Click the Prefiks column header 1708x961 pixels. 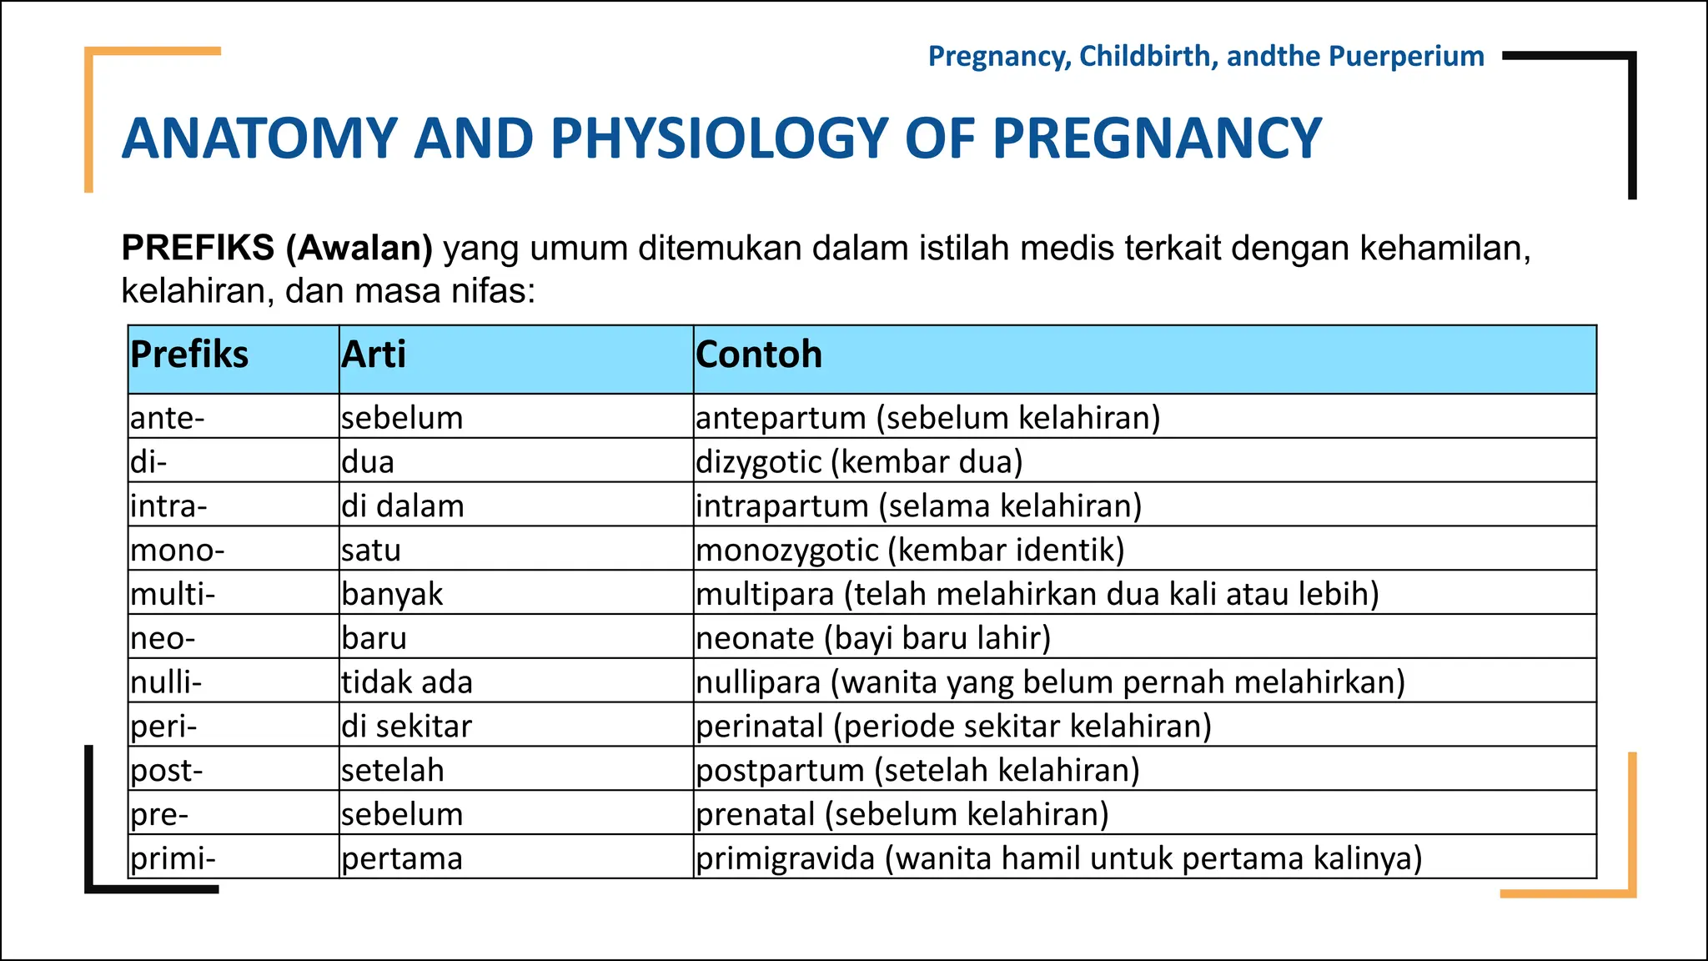(x=189, y=355)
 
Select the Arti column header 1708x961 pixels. (x=374, y=355)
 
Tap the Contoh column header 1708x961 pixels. (x=759, y=355)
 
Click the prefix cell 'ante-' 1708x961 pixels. (x=168, y=417)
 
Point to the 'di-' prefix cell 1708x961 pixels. (x=148, y=461)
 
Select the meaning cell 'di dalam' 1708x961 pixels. (x=403, y=506)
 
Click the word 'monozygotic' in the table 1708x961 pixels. (x=787, y=551)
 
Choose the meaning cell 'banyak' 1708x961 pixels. (x=392, y=594)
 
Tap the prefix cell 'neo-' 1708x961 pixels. (x=163, y=638)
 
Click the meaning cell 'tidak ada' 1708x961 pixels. (x=407, y=682)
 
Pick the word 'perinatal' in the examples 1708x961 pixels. (x=760, y=727)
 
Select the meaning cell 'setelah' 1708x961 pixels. (x=393, y=770)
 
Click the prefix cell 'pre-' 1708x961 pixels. (x=159, y=814)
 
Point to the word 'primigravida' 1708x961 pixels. (x=786, y=858)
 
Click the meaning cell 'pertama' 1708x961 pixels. (x=402, y=858)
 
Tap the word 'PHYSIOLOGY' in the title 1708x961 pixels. (x=719, y=138)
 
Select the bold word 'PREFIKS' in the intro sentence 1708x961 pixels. (x=198, y=248)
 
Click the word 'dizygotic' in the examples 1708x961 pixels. (x=758, y=462)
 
